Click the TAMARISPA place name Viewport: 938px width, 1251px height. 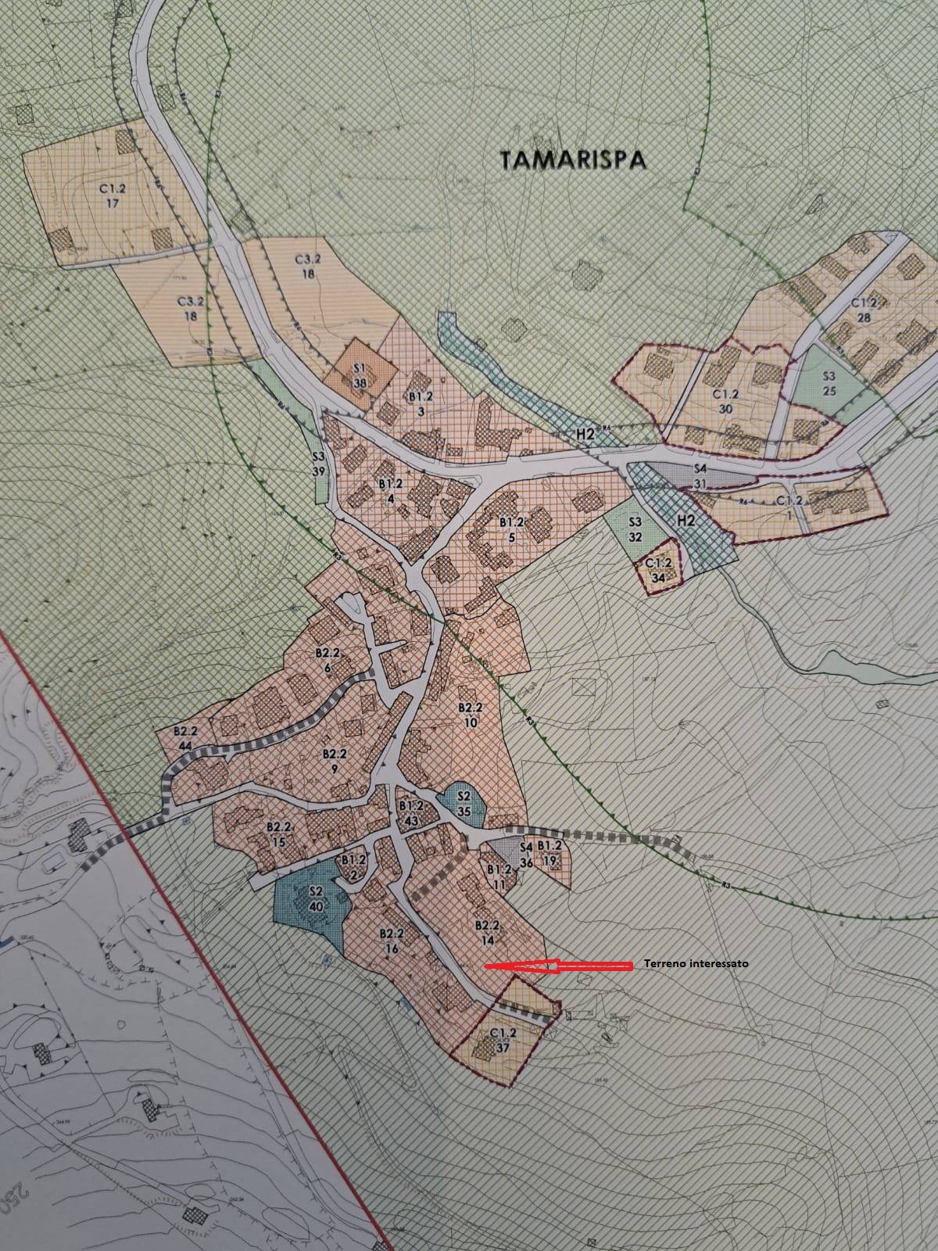(573, 160)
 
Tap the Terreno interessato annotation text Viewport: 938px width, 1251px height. (696, 964)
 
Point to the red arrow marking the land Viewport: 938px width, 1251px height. (558, 966)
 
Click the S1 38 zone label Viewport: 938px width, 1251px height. (360, 376)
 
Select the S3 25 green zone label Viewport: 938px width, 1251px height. (829, 382)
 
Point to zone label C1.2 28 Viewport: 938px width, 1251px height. (863, 310)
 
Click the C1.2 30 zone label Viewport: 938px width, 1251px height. (726, 401)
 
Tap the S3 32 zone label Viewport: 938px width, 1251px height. (635, 529)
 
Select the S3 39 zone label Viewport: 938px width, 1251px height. (318, 464)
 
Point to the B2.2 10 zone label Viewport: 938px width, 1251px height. (470, 715)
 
